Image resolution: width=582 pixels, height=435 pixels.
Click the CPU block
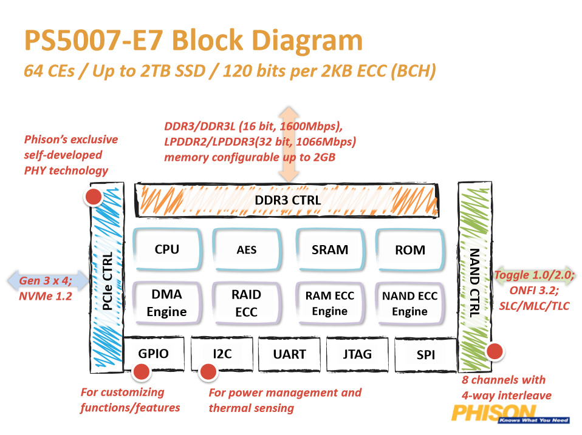coord(167,249)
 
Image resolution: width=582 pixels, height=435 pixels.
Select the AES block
coord(246,249)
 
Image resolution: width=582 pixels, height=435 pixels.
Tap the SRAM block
coord(330,249)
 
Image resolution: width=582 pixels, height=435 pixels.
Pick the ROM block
coord(409,249)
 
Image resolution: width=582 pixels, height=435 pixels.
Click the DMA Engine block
coord(167,303)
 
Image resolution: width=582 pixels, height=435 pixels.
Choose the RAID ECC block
coord(246,303)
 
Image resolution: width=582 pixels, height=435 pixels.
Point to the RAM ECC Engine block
coord(330,303)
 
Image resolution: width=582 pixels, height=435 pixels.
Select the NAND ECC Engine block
coord(409,303)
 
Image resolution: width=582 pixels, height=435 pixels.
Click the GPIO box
coord(154,354)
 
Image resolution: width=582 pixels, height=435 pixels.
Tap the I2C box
coord(222,354)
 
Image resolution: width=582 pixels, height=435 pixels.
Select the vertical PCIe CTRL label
coord(107,282)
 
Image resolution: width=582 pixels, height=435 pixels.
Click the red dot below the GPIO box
coord(142,372)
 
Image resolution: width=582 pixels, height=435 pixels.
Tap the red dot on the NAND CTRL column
coord(495,351)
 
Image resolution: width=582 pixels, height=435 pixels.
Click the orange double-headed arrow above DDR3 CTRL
coord(290,144)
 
